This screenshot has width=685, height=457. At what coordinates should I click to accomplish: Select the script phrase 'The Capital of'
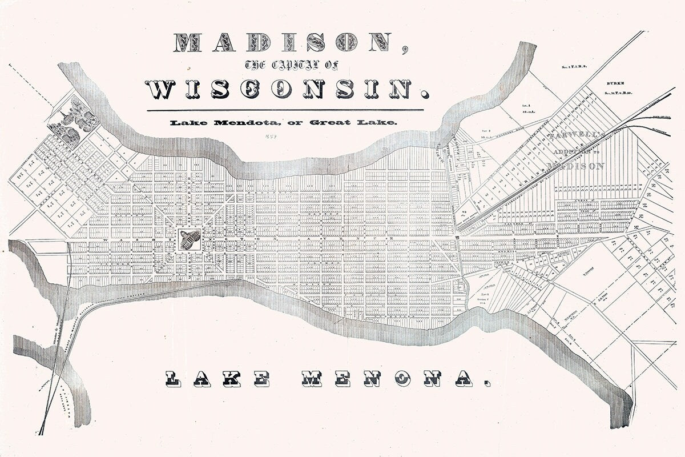pyautogui.click(x=283, y=65)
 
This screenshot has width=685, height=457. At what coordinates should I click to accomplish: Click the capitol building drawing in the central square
pyautogui.click(x=190, y=238)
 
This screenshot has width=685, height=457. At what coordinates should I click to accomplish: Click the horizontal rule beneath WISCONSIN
pyautogui.click(x=285, y=110)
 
